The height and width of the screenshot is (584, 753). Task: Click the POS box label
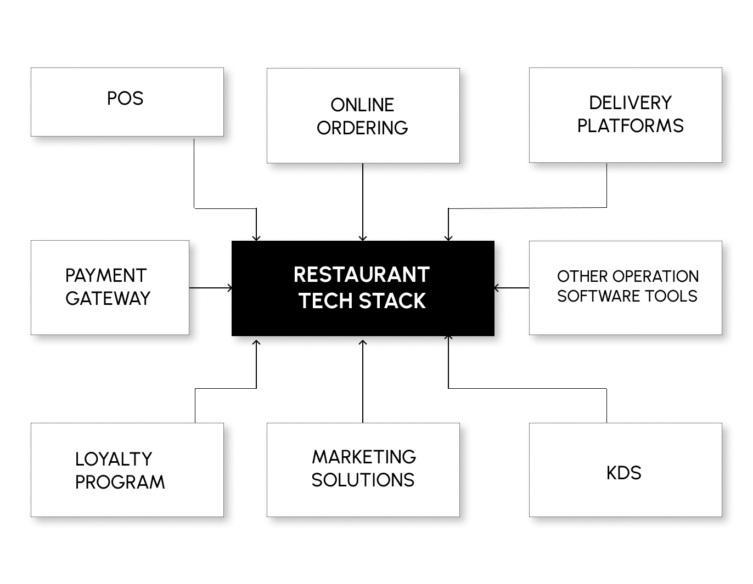click(125, 99)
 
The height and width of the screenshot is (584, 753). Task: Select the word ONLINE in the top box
click(362, 105)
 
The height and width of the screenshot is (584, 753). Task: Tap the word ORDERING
click(362, 128)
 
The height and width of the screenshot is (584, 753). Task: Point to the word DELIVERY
click(630, 103)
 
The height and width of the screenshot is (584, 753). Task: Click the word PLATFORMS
click(630, 126)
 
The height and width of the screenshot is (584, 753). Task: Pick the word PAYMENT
click(106, 275)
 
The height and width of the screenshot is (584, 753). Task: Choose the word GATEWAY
click(108, 298)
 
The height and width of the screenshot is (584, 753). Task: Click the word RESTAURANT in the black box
click(362, 275)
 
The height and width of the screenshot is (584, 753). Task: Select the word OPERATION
click(655, 276)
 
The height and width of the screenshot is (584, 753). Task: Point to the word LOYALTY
click(114, 459)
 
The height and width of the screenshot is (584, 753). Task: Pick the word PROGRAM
click(120, 482)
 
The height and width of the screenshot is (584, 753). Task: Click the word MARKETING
click(364, 457)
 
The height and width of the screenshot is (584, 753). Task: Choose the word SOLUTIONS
click(363, 480)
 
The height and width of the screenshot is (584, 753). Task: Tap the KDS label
click(624, 473)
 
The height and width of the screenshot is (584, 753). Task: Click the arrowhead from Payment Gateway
click(229, 287)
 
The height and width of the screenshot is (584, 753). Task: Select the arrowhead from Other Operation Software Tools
click(497, 287)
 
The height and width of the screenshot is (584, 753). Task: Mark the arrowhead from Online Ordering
click(362, 238)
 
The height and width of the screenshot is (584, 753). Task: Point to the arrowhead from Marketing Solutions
click(362, 343)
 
